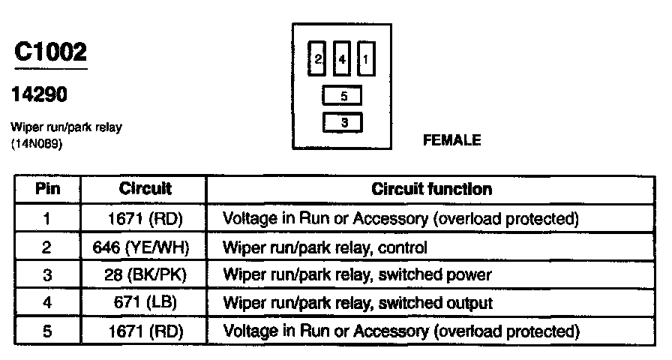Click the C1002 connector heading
[x=51, y=52]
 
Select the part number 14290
[x=40, y=94]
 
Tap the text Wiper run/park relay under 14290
[x=67, y=127]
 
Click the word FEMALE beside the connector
[x=451, y=139]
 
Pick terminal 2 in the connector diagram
[x=318, y=59]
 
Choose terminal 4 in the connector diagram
[x=341, y=59]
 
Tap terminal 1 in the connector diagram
[x=365, y=59]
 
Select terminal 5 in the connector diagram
[x=343, y=96]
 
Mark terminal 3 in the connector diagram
[x=343, y=122]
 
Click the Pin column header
[x=48, y=189]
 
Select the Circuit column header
[x=145, y=189]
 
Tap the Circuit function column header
[x=432, y=189]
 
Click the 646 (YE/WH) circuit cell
[x=145, y=247]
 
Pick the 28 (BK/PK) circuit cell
[x=145, y=274]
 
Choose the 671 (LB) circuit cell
[x=145, y=302]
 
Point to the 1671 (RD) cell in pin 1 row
[x=145, y=219]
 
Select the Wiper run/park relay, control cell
[x=325, y=247]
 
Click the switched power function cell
[x=357, y=274]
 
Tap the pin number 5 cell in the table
[x=48, y=330]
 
